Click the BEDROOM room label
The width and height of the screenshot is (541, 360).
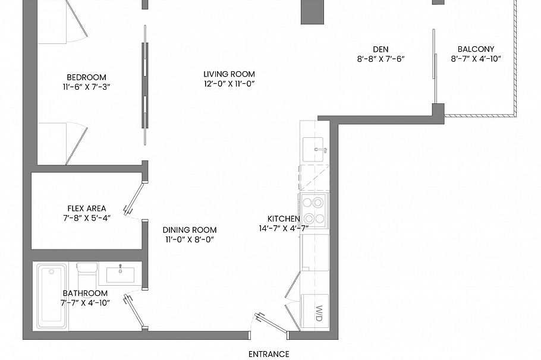(86, 77)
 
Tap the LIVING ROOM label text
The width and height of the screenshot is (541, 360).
(229, 74)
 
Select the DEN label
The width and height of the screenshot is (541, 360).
(380, 49)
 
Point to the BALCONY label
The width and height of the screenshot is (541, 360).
(476, 49)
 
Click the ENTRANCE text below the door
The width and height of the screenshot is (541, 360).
(269, 354)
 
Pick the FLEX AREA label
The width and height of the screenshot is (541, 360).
(87, 209)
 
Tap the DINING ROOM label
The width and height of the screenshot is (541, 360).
(190, 230)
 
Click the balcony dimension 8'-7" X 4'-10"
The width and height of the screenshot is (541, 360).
(476, 59)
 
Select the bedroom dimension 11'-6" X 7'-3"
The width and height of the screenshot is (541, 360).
(86, 87)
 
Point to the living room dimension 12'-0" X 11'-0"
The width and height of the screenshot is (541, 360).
(229, 84)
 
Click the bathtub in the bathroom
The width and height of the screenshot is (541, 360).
(52, 296)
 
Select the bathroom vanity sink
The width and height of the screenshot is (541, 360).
(120, 274)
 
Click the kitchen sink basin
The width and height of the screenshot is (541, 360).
(313, 149)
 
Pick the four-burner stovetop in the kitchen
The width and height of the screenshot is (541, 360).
(314, 210)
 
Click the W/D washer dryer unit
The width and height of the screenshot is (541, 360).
(314, 311)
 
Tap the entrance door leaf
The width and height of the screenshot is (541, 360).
(271, 323)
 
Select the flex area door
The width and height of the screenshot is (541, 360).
(134, 198)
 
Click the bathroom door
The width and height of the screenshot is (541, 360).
(136, 311)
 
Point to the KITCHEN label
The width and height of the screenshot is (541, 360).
(284, 219)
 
